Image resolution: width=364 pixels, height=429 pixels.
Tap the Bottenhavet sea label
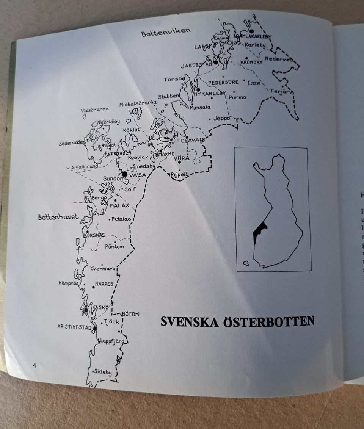click(58, 217)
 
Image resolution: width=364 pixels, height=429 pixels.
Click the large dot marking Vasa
click(124, 174)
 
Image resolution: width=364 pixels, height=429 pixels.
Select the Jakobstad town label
click(196, 66)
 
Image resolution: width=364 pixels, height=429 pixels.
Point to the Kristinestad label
click(74, 327)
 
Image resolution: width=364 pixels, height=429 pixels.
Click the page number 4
click(34, 365)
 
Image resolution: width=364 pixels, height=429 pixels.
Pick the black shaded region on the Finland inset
click(259, 231)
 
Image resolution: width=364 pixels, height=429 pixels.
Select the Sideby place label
click(103, 372)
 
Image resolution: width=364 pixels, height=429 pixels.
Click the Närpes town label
click(104, 284)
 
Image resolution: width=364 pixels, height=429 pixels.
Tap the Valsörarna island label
click(95, 110)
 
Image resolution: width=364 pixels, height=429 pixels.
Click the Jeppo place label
click(222, 118)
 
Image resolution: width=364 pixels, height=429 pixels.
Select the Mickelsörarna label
click(138, 103)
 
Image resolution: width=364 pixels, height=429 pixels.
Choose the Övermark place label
click(103, 268)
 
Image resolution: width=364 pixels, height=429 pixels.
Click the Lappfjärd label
click(112, 341)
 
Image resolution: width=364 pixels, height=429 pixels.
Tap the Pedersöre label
click(223, 82)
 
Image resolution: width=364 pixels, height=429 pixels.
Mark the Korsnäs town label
click(94, 235)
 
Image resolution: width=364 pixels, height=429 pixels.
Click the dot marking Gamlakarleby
click(251, 31)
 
